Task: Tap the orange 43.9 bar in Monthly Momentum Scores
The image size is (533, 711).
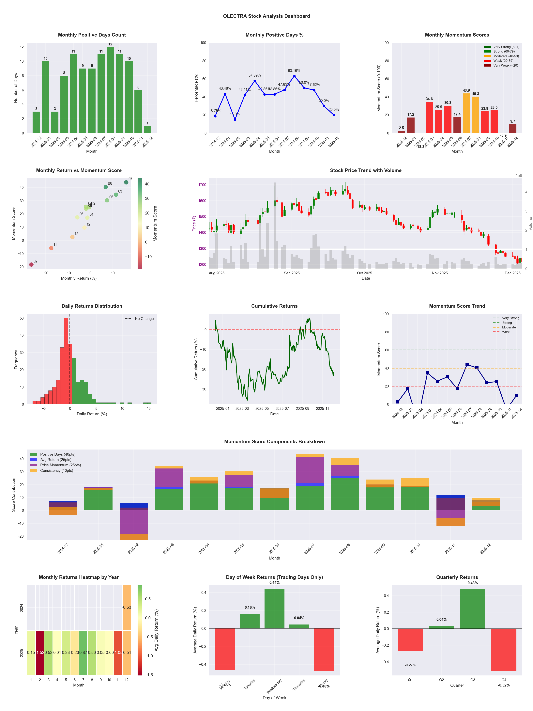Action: tap(466, 113)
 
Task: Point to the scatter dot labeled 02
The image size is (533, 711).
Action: tap(31, 264)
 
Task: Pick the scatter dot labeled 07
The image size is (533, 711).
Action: tap(126, 182)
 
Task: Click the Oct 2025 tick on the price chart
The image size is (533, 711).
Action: tap(364, 273)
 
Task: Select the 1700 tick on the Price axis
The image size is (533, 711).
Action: tap(202, 185)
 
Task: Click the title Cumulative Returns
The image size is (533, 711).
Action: tap(274, 306)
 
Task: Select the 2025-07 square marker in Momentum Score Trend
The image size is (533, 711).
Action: tap(467, 365)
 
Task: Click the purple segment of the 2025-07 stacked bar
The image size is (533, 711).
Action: tap(310, 470)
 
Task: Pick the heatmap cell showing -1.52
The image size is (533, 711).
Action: tap(40, 653)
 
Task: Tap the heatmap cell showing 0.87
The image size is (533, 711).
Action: tap(83, 653)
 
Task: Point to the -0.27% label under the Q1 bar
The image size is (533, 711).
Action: tap(410, 665)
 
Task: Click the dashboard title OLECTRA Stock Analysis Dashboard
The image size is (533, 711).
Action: tap(266, 16)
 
